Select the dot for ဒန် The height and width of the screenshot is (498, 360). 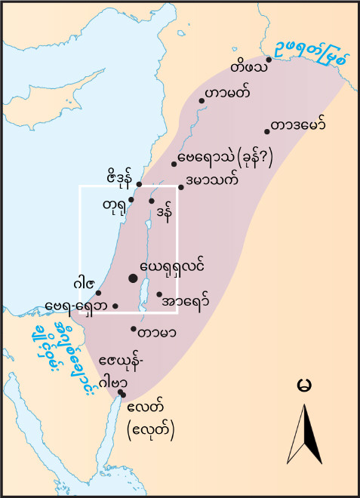click(152, 201)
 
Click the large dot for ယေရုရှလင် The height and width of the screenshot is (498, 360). click(134, 278)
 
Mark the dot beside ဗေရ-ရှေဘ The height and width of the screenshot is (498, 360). click(115, 306)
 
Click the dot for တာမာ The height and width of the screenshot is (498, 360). click(134, 329)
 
